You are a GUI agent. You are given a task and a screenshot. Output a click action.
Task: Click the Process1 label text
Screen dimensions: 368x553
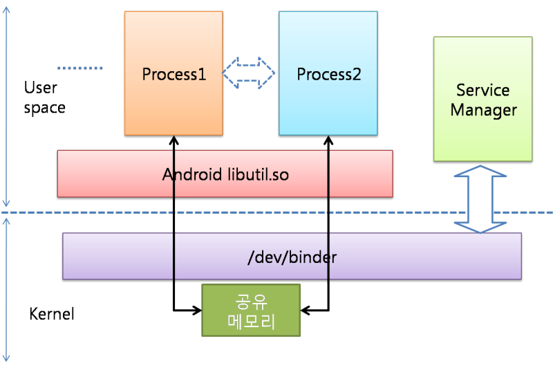click(x=174, y=74)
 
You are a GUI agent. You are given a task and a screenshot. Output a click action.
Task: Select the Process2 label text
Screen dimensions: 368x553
click(x=329, y=74)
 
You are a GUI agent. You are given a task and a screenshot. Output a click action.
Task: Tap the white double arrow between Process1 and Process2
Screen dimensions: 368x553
click(x=250, y=73)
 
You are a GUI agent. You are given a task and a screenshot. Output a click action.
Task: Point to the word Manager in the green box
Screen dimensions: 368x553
click(x=483, y=110)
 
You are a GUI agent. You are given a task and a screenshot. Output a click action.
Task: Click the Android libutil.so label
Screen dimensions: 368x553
click(x=225, y=174)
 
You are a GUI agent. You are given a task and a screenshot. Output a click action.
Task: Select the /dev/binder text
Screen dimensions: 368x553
click(x=292, y=257)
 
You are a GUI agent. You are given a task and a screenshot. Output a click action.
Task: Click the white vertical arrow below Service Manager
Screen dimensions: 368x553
click(x=479, y=199)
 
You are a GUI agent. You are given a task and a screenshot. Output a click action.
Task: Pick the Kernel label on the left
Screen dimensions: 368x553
click(x=52, y=314)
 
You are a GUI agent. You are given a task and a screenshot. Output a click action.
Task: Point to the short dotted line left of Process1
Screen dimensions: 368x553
click(x=80, y=68)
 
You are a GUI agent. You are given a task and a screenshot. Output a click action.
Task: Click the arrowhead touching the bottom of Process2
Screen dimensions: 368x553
click(x=328, y=141)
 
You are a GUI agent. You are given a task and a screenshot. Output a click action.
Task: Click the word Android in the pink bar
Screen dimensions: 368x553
click(x=193, y=174)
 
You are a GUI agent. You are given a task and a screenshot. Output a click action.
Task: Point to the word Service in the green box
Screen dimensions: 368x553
click(x=483, y=91)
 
